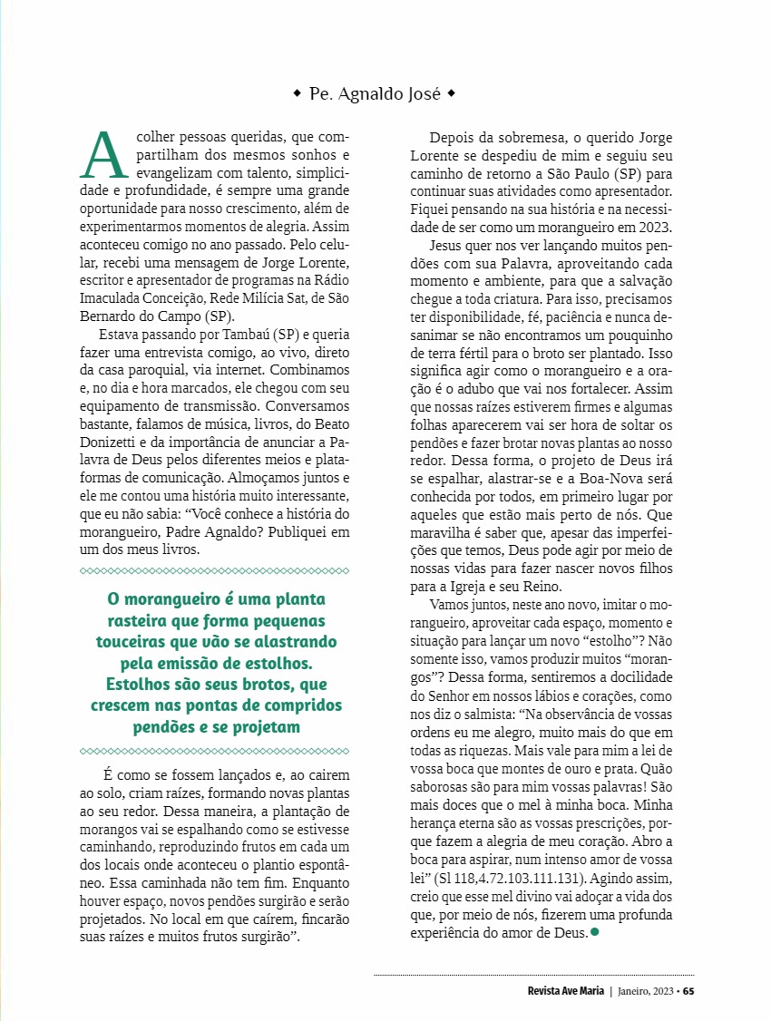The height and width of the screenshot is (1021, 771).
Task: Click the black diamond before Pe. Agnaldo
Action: click(297, 93)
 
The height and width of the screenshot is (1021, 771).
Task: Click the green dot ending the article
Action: click(595, 931)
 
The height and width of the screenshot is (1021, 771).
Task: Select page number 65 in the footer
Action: click(688, 990)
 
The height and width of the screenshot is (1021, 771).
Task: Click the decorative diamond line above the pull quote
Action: click(215, 571)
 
